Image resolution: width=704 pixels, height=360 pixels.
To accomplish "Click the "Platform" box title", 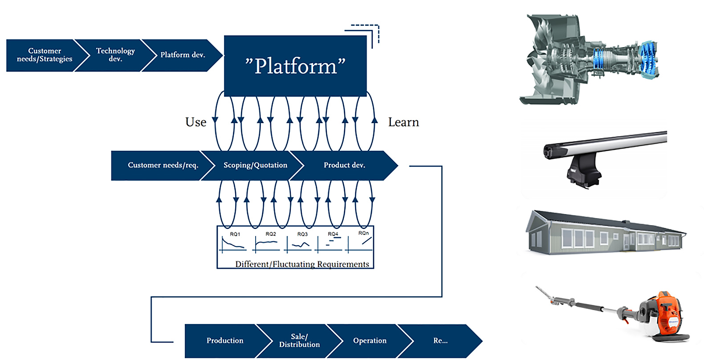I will point(295,66).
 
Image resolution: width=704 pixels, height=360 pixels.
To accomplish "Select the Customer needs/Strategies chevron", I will point(44,55).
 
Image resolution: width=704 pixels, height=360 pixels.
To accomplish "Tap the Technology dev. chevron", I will point(115,55).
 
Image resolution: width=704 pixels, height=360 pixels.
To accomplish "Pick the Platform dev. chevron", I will point(183,55).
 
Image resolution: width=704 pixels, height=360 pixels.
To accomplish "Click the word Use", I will point(196,122).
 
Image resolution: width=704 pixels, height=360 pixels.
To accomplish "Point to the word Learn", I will point(403,122).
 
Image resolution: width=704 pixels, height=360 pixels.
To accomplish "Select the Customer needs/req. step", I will point(163,165).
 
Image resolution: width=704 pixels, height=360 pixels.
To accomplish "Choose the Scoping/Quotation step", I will point(255,165).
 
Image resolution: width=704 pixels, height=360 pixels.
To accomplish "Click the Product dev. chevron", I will point(344,165).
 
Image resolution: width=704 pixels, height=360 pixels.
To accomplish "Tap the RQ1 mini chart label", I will point(235,234).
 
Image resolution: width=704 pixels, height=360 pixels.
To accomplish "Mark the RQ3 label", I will point(302,234).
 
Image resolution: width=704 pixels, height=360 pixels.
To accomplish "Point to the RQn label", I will point(363,233).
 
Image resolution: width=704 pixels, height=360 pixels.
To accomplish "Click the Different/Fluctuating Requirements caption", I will point(302,264).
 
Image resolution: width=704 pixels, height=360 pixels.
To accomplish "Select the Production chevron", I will point(225,340).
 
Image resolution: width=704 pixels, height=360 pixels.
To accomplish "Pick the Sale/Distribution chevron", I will point(299,340).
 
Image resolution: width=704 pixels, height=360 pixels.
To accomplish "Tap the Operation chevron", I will point(370,340).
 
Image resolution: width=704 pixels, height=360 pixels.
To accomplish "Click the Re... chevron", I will point(440,340).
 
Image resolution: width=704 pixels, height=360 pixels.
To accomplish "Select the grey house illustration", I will point(606,234).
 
